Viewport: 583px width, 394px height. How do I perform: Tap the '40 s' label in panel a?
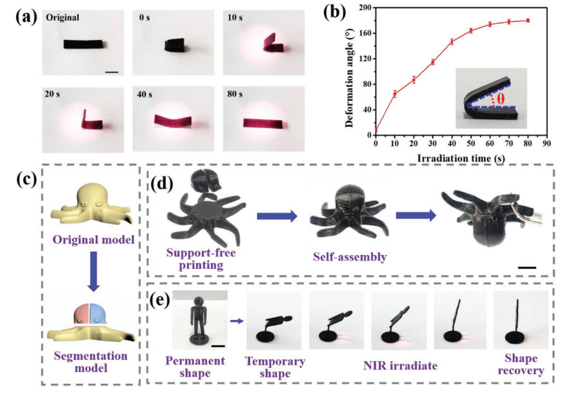(147, 94)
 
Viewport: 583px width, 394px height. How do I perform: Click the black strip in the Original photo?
(84, 45)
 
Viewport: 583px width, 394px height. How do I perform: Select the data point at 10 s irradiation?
(395, 94)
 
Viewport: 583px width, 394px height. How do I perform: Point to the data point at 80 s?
(528, 21)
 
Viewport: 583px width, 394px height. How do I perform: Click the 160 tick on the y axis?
(368, 33)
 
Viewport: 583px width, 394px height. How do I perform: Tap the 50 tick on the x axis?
(471, 142)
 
